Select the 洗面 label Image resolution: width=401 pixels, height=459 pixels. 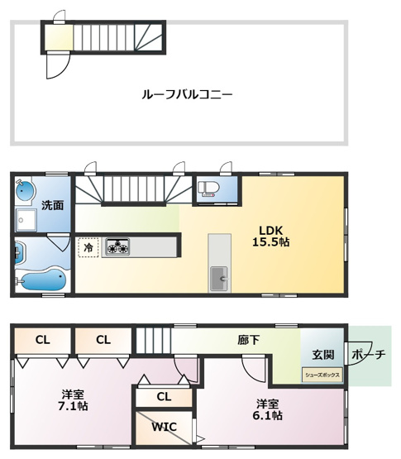53,205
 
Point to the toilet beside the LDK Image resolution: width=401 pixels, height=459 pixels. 208,189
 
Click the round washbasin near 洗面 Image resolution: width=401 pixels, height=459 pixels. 25,191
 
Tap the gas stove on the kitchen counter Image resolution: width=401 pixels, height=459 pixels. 117,246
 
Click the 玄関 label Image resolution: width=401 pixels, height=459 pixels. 323,355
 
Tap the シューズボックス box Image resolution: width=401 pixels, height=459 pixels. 322,374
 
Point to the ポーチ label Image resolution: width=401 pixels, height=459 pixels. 369,356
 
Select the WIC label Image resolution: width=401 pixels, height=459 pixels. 163,427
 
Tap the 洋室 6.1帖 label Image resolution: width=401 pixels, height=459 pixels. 267,409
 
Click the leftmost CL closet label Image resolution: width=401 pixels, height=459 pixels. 42,339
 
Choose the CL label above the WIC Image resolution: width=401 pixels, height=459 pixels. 164,397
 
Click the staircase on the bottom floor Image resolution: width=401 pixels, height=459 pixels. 152,340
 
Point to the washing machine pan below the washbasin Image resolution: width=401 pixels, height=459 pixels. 26,220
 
